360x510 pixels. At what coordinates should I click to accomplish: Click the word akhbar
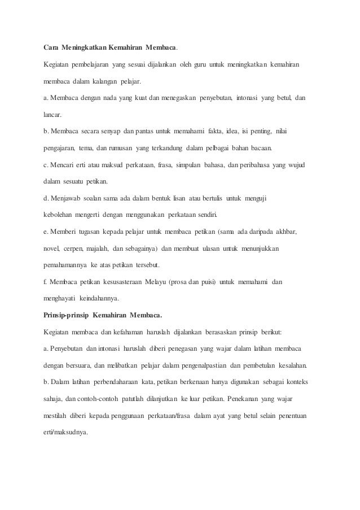(285, 232)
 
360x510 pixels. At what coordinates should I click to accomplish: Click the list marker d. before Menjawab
(46, 198)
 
